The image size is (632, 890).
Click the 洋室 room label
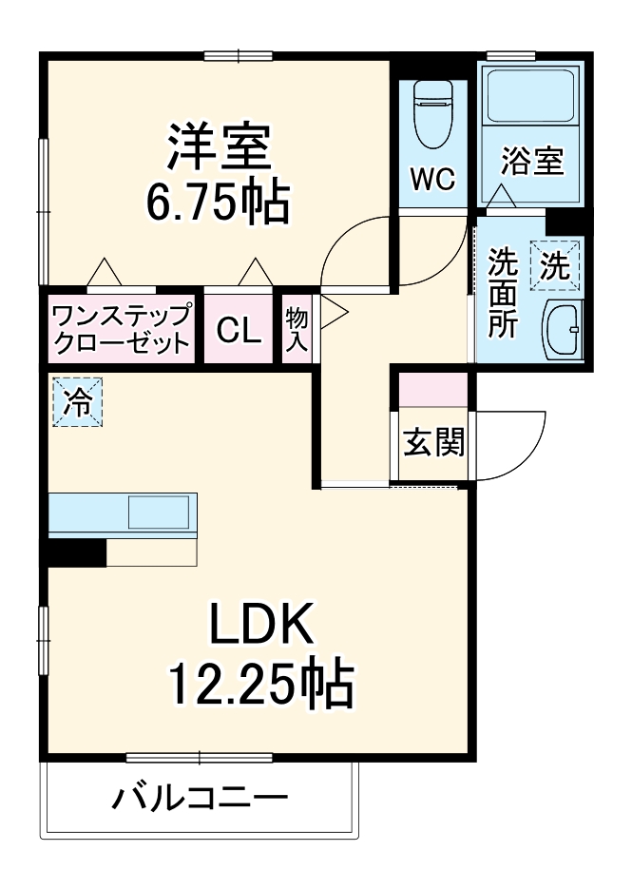coord(220,148)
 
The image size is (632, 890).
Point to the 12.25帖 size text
coord(260,684)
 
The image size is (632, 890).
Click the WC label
coord(432,178)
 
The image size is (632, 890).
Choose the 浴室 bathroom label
coord(532,161)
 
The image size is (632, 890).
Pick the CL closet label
coord(238,330)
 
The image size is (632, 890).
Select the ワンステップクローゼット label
coord(121,329)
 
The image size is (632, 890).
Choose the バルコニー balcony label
coord(200,796)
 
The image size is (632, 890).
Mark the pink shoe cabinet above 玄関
coord(433,391)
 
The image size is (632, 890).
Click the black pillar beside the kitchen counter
coord(76,551)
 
